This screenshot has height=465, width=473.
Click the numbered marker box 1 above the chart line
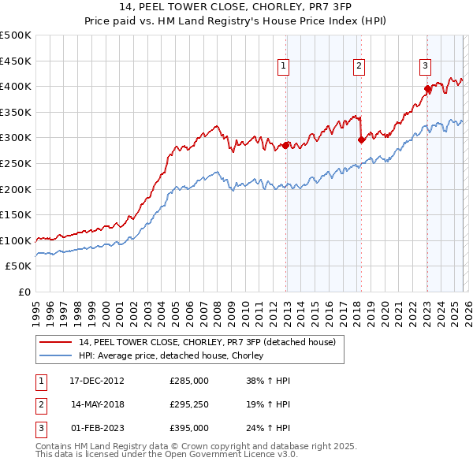[283, 66]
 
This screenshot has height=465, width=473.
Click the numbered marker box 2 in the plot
[359, 66]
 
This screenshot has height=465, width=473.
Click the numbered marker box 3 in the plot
[425, 66]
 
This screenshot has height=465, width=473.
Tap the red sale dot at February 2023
[427, 89]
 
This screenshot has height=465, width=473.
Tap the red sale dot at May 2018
[361, 140]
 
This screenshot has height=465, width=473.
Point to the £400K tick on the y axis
[17, 87]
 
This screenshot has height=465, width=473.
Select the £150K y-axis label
[17, 214]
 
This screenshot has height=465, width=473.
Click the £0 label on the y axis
[24, 292]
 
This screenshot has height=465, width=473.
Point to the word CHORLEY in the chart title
[269, 9]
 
